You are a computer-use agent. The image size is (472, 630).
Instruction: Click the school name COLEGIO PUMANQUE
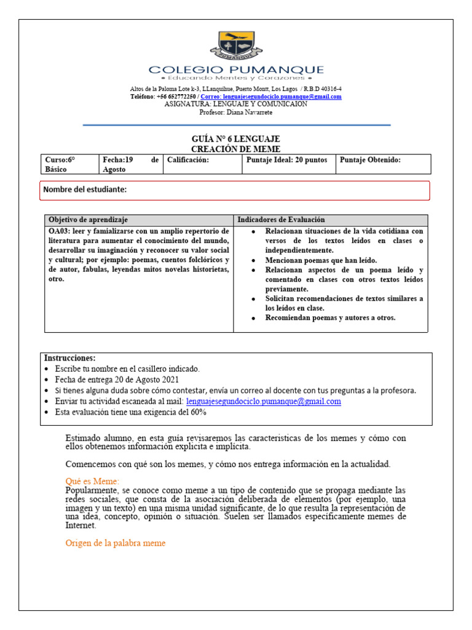tap(236, 70)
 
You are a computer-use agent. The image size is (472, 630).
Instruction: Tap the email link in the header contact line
tap(271, 97)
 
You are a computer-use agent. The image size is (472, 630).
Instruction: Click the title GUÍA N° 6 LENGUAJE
tap(235, 139)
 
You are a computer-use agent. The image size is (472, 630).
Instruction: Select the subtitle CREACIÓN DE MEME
tap(235, 149)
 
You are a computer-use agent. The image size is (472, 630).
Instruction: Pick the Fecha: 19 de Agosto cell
tap(130, 164)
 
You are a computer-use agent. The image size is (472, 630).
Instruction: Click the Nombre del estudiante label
tap(85, 189)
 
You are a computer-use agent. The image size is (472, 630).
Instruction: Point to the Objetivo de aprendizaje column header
tap(88, 220)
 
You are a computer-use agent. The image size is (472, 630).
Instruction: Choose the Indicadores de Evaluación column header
tap(281, 220)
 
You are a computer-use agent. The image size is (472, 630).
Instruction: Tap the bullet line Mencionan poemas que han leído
tap(321, 260)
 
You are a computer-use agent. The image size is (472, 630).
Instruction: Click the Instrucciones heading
tap(69, 358)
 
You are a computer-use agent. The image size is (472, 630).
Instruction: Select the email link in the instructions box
tap(263, 401)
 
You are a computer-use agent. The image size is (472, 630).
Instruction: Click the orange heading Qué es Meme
tap(92, 480)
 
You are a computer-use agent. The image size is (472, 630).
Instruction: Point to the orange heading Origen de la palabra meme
tap(115, 543)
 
